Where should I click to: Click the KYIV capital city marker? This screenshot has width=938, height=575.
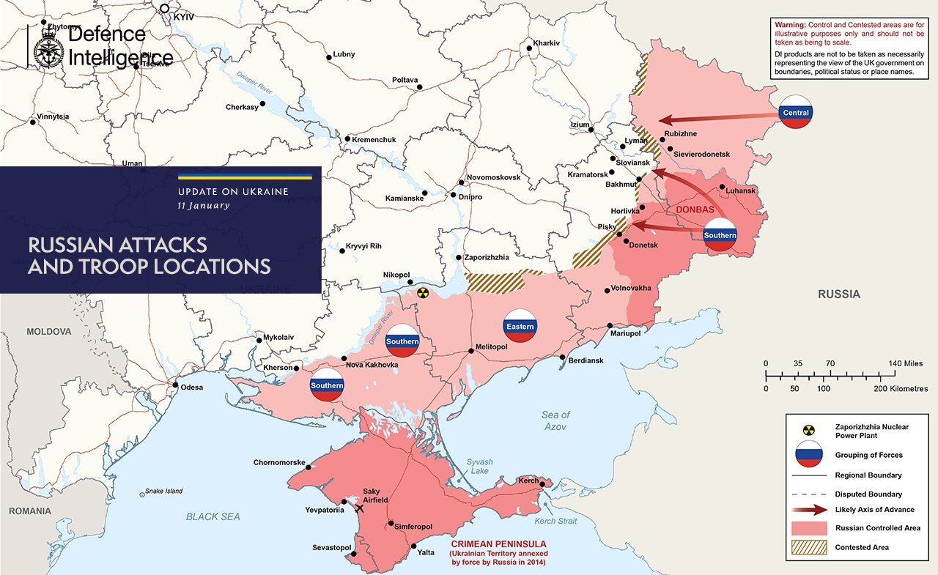tap(165, 10)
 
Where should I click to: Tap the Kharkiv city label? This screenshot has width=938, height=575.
tap(547, 43)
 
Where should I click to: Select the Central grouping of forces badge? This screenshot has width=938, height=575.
tap(796, 113)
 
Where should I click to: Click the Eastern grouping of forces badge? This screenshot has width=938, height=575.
tap(520, 327)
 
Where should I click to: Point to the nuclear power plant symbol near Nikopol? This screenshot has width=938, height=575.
tap(421, 293)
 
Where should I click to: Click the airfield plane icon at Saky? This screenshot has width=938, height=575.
tap(359, 508)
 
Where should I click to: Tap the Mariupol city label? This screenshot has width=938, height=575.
tap(625, 334)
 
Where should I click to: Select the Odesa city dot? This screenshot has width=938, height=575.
tap(175, 385)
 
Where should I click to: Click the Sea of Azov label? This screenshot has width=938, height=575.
tap(555, 420)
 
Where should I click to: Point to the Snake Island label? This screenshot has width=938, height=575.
tap(164, 491)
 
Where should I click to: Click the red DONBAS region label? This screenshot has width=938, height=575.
tap(695, 209)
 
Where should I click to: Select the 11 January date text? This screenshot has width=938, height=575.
tap(204, 206)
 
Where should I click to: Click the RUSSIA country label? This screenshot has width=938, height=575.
tap(839, 294)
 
